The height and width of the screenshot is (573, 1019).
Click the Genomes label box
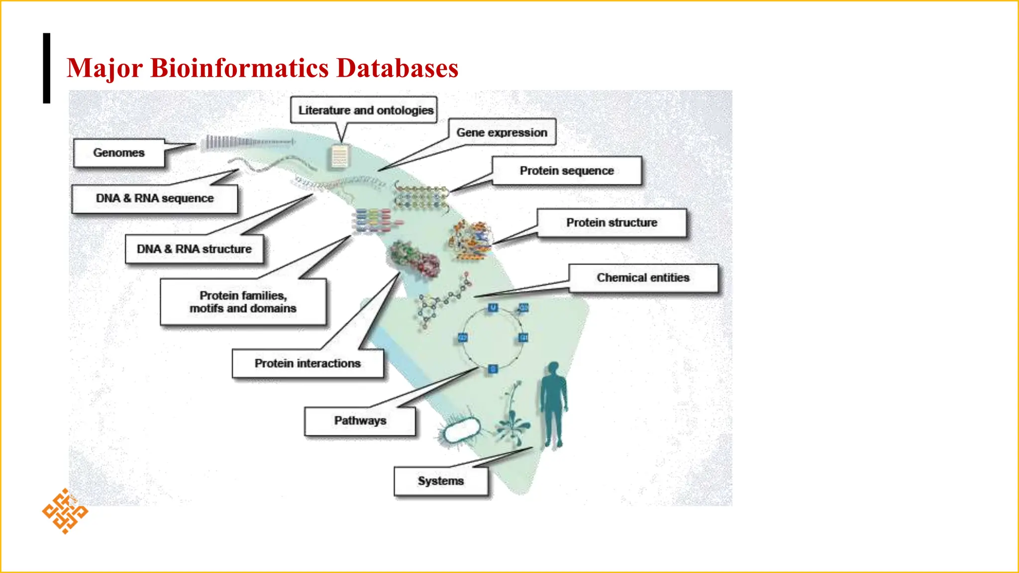pyautogui.click(x=119, y=153)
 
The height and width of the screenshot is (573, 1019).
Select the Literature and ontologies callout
pyautogui.click(x=365, y=110)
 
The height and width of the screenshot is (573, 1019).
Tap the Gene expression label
pyautogui.click(x=502, y=132)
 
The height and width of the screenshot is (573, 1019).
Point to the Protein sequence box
pyautogui.click(x=567, y=171)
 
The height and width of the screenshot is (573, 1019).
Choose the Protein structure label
pyautogui.click(x=611, y=222)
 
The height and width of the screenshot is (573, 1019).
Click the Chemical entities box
pyautogui.click(x=643, y=278)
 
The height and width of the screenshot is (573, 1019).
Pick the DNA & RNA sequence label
pyautogui.click(x=155, y=198)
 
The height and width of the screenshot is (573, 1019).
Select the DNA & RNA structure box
pyautogui.click(x=194, y=249)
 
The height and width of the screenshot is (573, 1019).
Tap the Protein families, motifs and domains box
pyautogui.click(x=243, y=302)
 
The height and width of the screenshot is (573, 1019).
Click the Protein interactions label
pyautogui.click(x=307, y=364)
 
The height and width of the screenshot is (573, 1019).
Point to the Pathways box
pyautogui.click(x=360, y=421)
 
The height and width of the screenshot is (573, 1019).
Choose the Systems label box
pyautogui.click(x=441, y=481)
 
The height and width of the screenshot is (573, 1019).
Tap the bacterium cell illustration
pyautogui.click(x=462, y=430)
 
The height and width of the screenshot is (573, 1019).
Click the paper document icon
pyautogui.click(x=340, y=157)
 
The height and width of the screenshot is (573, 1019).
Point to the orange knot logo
pyautogui.click(x=65, y=511)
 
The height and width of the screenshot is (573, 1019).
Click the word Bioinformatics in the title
pyautogui.click(x=239, y=68)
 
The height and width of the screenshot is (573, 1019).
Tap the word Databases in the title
pyautogui.click(x=397, y=68)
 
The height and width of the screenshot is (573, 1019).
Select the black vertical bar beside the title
pyautogui.click(x=47, y=68)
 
